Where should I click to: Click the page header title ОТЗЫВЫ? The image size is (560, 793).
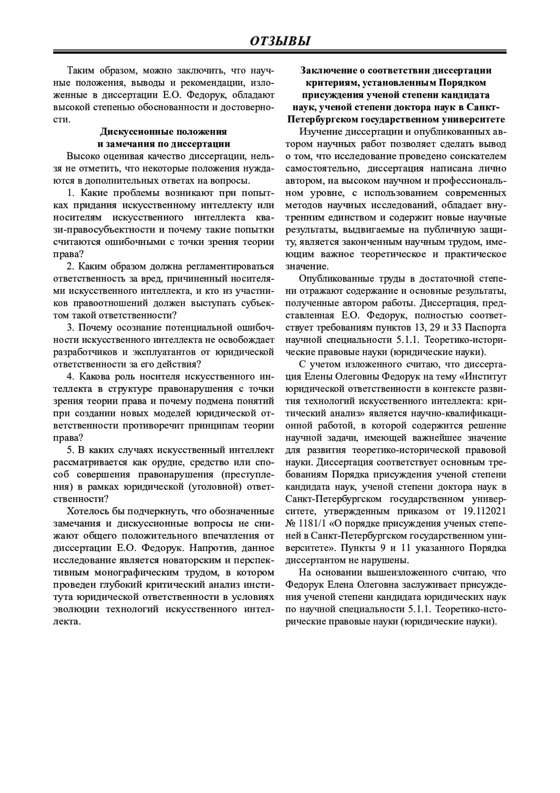click(x=280, y=41)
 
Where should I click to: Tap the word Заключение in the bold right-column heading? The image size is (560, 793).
click(x=332, y=71)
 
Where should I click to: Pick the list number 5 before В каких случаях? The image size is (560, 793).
click(x=70, y=450)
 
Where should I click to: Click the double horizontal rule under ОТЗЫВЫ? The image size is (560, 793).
click(x=280, y=52)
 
